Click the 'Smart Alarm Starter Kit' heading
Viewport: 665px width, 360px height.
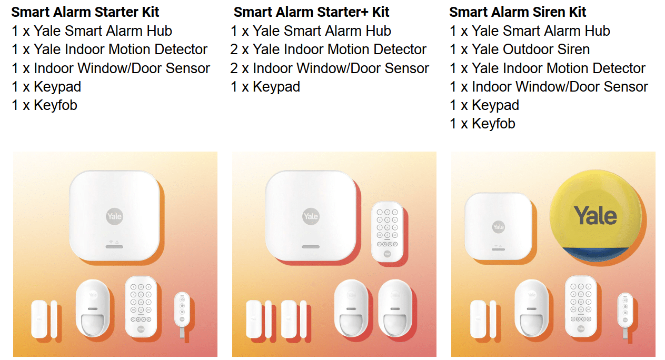85,12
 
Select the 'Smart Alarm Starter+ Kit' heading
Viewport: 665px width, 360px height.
311,12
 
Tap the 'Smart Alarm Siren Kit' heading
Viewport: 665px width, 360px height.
518,12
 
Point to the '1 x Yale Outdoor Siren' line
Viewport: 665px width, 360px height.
520,49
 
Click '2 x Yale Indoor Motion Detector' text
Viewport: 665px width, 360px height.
328,49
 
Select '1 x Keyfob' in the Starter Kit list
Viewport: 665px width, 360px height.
44,105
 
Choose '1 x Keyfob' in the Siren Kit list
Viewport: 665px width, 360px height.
482,124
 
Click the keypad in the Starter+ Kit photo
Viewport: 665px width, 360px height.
387,232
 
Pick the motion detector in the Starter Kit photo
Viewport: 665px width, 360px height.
93,308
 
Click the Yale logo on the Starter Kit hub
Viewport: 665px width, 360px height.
114,216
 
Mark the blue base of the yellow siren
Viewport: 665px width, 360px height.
594,254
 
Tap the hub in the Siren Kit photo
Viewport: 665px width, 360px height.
498,226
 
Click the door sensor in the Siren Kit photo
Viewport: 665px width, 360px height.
483,319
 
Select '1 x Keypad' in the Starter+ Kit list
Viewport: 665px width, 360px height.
265,87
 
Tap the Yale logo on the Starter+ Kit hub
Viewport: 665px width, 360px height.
311,216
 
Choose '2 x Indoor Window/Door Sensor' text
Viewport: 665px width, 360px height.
330,68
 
